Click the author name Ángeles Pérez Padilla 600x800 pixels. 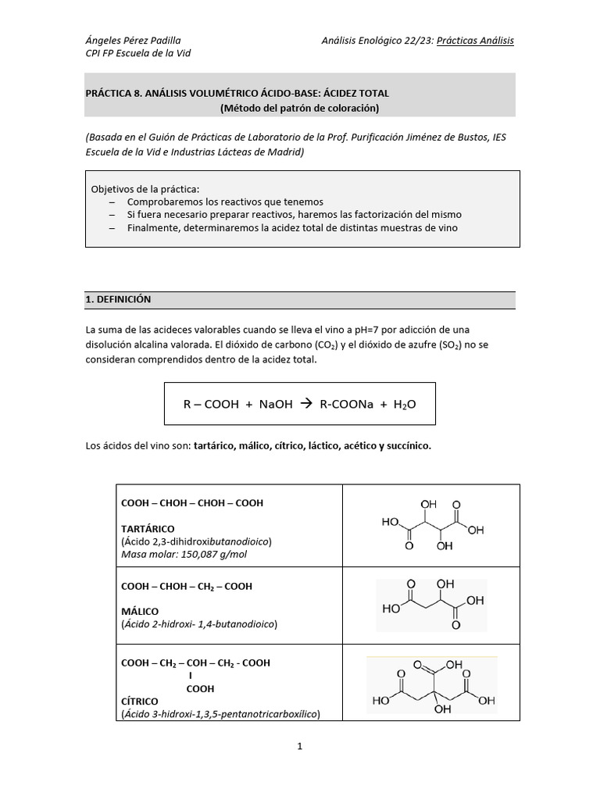132,40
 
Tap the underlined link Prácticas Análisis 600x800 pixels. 475,40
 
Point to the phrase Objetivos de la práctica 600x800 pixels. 145,190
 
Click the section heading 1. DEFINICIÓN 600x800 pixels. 118,299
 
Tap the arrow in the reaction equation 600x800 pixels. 305,404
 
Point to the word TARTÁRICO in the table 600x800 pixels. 148,529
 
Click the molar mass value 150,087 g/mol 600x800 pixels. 204,554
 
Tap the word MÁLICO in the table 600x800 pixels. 140,611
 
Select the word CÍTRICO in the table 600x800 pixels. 140,701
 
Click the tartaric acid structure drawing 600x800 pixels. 432,525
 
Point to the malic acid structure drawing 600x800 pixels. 431,605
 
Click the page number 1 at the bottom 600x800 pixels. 299,746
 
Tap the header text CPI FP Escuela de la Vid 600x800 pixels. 137,53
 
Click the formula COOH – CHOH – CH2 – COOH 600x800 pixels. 187,586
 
